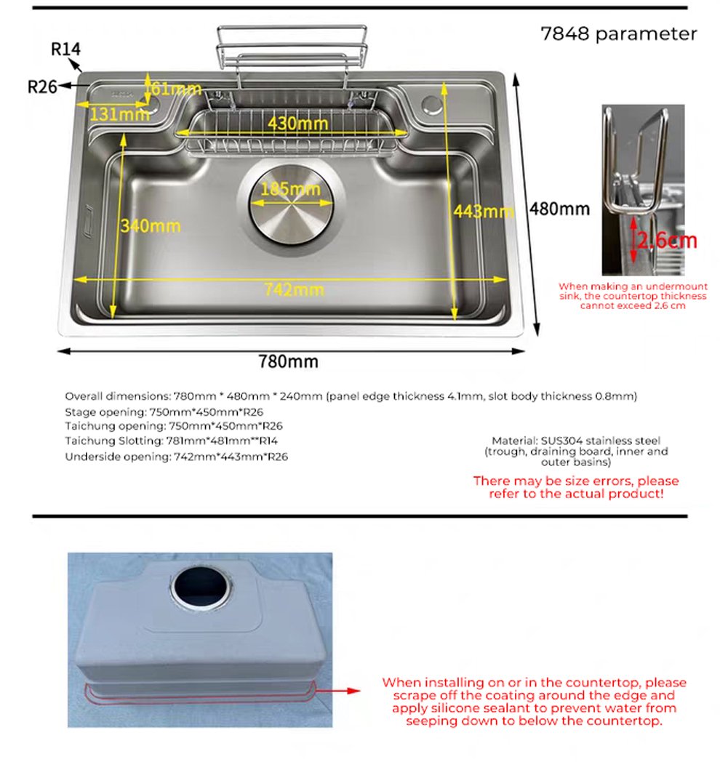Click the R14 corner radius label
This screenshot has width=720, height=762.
pos(65,49)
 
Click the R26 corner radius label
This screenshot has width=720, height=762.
pos(42,86)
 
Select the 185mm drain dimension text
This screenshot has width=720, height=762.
pos(291,189)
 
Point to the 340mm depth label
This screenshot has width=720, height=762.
pos(150,225)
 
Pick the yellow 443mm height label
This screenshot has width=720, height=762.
pos(481,212)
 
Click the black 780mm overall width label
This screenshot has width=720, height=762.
pos(288,361)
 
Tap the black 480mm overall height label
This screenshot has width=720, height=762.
pos(559,209)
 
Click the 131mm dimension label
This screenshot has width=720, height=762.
pos(119,113)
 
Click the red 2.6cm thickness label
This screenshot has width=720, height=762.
pos(667,239)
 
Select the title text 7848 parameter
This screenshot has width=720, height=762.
pos(618,34)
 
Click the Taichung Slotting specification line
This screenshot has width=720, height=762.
pos(174,441)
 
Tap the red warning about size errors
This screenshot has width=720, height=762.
pos(575,487)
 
